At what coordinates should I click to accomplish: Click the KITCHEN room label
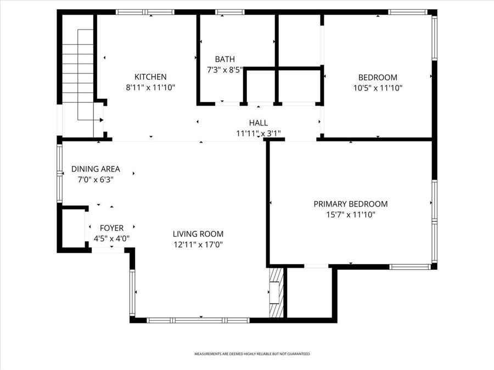click(x=150, y=77)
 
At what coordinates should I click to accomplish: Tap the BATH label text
click(x=224, y=59)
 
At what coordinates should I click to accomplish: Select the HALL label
click(x=258, y=123)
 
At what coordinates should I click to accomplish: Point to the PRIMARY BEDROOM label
click(x=350, y=204)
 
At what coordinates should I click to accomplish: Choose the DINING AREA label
click(x=96, y=169)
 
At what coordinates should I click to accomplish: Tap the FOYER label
click(x=111, y=228)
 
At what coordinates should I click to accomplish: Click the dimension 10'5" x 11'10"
click(x=378, y=88)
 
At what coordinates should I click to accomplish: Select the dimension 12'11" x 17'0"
click(x=198, y=244)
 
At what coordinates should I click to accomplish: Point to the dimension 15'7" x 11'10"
click(x=350, y=214)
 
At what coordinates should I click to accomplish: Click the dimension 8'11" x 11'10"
click(x=150, y=88)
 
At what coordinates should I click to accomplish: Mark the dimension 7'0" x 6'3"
click(x=96, y=179)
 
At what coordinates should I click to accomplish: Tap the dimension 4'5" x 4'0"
click(x=111, y=238)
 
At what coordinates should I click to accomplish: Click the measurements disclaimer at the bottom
click(x=252, y=354)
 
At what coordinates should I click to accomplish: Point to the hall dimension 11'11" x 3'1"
click(x=258, y=133)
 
